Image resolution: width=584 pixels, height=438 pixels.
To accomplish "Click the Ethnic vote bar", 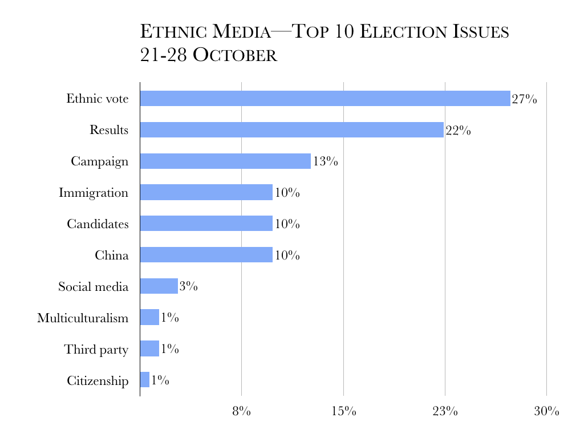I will (325, 98).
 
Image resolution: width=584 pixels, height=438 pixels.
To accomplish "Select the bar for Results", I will (291, 129).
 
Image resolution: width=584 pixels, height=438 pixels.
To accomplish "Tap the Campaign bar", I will (225, 161).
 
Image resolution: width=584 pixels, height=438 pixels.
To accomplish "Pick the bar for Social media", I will (159, 286).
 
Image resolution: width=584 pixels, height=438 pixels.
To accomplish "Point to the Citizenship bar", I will (144, 380).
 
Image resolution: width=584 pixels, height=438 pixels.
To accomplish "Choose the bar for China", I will (206, 254).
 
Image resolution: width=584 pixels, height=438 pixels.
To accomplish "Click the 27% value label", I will (524, 99).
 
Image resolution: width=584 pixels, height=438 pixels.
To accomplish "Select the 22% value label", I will (458, 131).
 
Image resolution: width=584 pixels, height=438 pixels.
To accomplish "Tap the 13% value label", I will (325, 161).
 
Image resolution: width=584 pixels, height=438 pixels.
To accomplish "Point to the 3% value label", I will (188, 286).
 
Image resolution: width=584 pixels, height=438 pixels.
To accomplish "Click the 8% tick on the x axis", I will (241, 411).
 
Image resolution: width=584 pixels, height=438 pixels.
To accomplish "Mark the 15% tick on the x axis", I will (343, 411).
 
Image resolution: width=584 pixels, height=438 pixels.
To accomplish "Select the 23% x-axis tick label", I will (445, 411).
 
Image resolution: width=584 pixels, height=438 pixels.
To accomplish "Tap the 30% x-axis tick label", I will (546, 411).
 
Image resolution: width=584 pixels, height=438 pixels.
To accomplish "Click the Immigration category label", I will (94, 193).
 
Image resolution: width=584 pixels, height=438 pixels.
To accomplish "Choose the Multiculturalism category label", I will (83, 318).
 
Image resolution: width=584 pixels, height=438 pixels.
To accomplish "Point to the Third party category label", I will (96, 349).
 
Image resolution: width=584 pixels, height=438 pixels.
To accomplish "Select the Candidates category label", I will (98, 224).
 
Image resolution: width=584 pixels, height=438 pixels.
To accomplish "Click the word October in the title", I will (234, 56).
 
